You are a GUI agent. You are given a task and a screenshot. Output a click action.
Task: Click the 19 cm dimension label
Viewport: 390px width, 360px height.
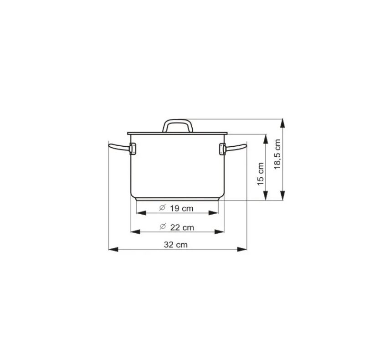182,208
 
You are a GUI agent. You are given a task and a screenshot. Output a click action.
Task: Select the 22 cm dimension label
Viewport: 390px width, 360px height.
182,227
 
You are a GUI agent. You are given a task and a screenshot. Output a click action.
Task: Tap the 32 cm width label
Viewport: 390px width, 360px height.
176,245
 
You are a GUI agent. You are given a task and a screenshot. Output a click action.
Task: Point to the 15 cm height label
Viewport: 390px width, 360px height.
261,174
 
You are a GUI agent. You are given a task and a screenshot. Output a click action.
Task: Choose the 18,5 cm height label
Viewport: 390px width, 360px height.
277,154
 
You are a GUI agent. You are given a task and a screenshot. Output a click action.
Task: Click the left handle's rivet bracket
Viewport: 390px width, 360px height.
133,149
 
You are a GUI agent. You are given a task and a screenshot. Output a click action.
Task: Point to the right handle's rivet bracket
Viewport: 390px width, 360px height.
222,149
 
